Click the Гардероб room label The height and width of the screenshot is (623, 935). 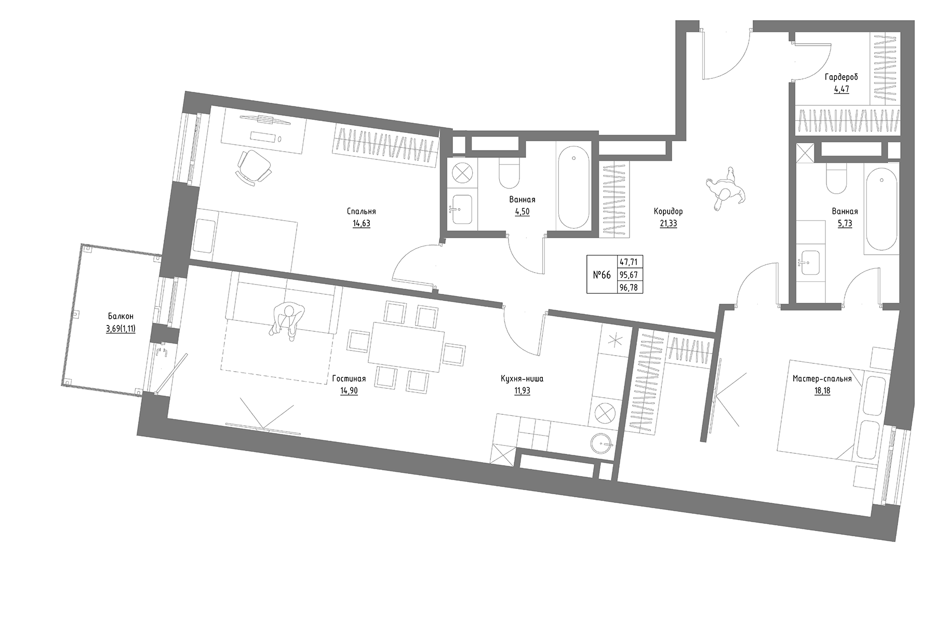(842, 77)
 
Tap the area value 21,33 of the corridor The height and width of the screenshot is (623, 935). (668, 224)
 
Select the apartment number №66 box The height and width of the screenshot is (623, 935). (602, 275)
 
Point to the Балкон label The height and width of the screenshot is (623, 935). (121, 316)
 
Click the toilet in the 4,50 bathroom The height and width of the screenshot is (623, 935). (509, 174)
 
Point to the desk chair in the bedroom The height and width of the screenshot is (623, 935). (254, 166)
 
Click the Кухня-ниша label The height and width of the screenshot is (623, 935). (522, 379)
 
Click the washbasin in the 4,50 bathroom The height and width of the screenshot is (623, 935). (461, 209)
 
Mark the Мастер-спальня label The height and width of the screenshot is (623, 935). (822, 379)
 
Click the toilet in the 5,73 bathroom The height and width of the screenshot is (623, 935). (836, 179)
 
